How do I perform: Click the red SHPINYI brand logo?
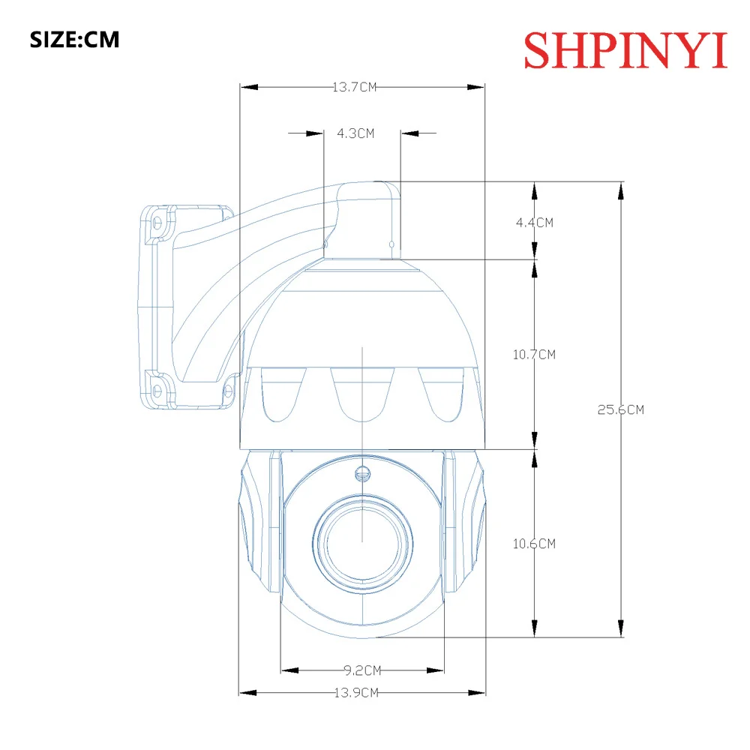(x=625, y=49)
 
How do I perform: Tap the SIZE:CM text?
(x=74, y=39)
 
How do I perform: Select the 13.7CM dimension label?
(x=354, y=88)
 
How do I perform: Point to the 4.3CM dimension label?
(x=355, y=133)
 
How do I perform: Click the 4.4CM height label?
(x=534, y=222)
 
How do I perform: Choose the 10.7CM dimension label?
(x=534, y=354)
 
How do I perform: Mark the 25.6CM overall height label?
(x=620, y=409)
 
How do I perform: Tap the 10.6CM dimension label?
(x=534, y=544)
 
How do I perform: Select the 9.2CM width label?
(x=362, y=670)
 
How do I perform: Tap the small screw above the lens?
(x=362, y=473)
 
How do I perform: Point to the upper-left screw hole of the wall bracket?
(x=158, y=223)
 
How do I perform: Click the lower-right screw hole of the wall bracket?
(x=226, y=389)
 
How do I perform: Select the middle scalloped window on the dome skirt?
(x=362, y=394)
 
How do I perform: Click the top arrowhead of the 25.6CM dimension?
(x=620, y=190)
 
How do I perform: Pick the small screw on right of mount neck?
(x=392, y=244)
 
